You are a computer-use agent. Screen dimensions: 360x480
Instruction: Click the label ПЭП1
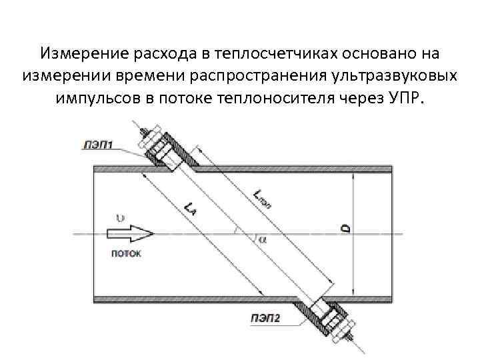99,143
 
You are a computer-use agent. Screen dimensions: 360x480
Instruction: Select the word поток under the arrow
125,253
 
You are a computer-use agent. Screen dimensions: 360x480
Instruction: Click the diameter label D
346,229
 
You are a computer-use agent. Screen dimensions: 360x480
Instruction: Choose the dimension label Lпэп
262,196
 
